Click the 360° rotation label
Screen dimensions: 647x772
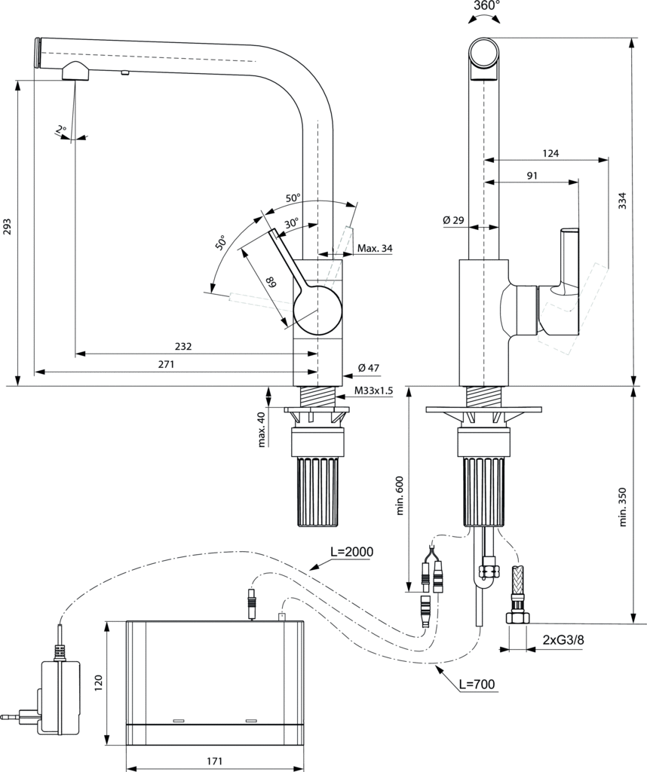pos(486,6)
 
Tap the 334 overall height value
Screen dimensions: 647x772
pos(622,201)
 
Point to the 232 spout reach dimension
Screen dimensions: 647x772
pos(182,347)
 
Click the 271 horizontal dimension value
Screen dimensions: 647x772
pos(166,364)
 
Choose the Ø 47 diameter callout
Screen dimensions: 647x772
pos(369,367)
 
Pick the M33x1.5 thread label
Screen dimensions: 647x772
pos(373,391)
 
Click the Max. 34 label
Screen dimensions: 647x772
pos(375,248)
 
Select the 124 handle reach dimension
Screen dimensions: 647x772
pos(550,154)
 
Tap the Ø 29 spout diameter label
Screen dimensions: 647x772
pos(453,220)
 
